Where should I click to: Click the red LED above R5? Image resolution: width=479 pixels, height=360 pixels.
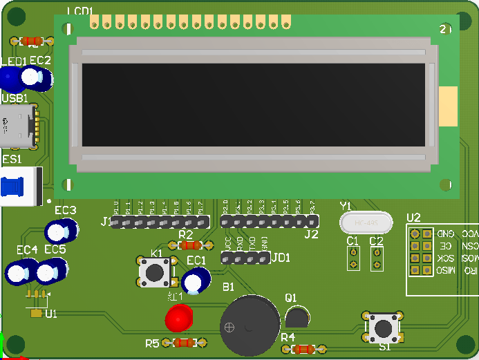(x=178, y=319)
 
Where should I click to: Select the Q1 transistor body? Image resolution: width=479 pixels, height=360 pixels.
(x=297, y=317)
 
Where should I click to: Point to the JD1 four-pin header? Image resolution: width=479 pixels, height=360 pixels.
(x=245, y=258)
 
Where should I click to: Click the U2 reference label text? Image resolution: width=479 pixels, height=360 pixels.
(x=413, y=218)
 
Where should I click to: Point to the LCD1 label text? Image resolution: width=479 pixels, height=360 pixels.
(x=80, y=10)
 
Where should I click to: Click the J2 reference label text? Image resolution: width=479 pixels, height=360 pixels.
(x=311, y=235)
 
